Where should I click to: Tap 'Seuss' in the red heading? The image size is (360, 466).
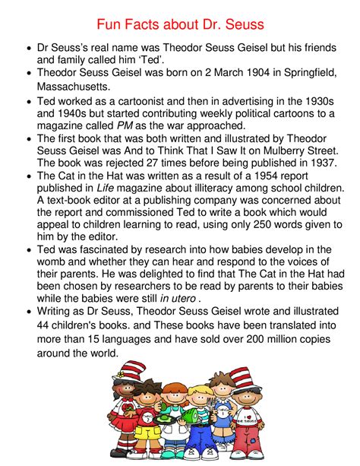242,25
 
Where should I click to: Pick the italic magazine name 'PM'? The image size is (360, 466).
125,125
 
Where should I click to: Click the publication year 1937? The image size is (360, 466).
320,162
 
